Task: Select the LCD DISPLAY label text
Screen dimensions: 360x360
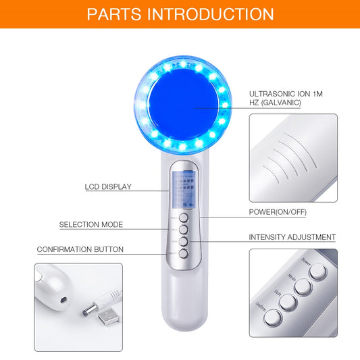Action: [108, 187]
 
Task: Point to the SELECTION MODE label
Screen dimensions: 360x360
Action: [91, 225]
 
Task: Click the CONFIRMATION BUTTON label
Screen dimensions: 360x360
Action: [80, 250]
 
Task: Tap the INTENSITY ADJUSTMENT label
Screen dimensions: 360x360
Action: [292, 237]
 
